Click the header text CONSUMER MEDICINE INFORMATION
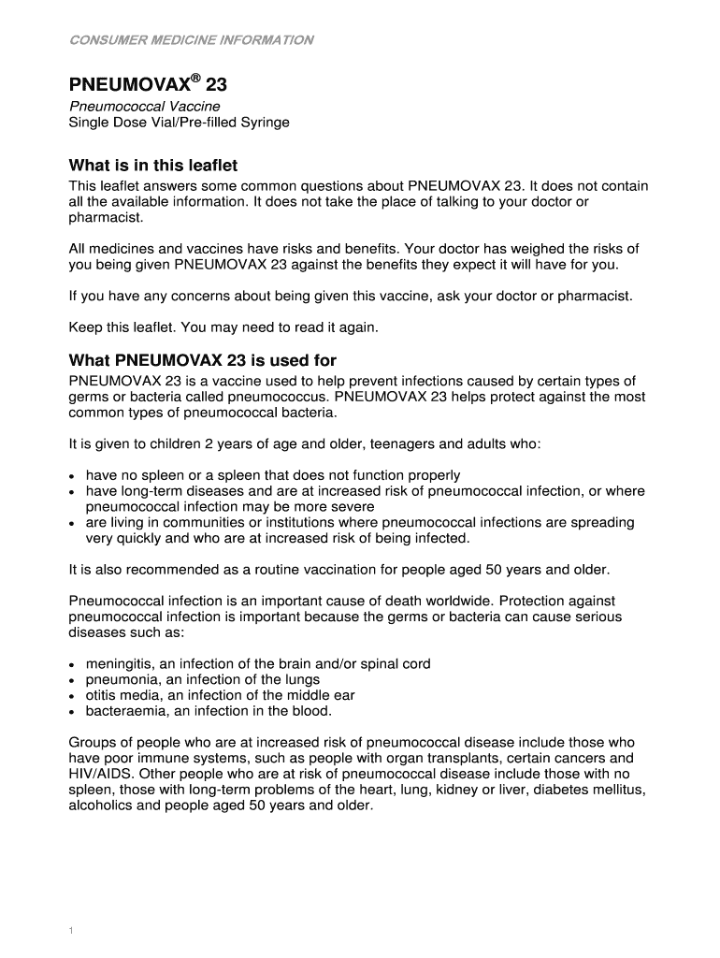point(192,40)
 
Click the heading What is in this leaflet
point(153,166)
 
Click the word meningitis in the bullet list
point(116,663)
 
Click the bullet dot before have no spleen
point(73,476)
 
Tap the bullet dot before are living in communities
point(73,523)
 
